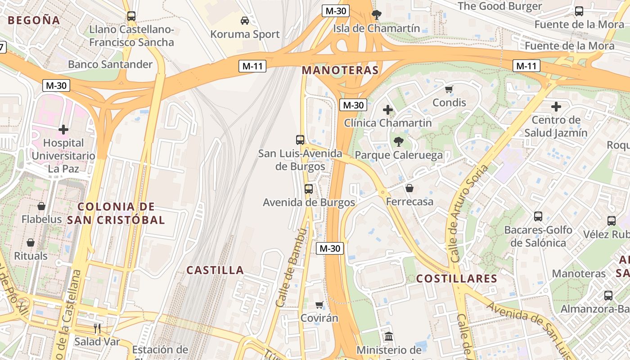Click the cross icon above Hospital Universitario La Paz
63,130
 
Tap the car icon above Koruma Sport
245,20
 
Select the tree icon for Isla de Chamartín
376,15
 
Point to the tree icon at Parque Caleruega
398,142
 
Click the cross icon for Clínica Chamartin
387,109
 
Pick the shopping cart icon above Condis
449,89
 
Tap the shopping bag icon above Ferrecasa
409,188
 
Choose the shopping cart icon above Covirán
319,305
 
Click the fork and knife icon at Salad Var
97,328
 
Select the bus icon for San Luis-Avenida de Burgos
300,139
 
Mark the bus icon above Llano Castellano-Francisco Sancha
131,16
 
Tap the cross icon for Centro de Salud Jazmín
556,107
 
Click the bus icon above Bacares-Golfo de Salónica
538,216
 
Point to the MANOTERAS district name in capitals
340,70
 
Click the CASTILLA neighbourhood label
215,270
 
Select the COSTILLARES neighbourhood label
456,279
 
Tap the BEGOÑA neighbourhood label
34,20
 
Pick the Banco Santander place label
110,64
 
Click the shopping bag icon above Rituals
31,243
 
